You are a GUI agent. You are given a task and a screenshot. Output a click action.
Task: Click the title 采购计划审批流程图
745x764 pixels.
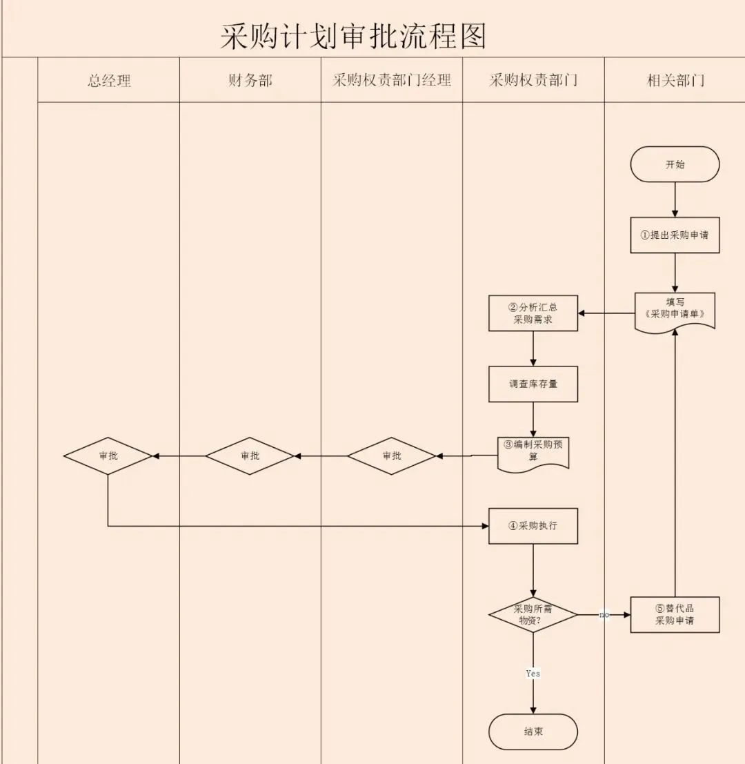[353, 36]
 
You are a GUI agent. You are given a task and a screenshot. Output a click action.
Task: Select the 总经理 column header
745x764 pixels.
[109, 81]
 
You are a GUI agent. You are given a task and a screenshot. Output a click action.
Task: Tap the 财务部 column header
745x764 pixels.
[250, 81]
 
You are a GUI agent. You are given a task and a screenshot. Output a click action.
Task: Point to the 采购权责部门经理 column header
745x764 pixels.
[392, 81]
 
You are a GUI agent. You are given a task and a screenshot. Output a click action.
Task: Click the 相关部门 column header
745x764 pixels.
[675, 81]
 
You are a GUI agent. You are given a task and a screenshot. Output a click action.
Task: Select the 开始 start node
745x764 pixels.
[675, 164]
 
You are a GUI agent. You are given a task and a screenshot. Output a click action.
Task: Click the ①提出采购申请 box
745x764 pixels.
[675, 235]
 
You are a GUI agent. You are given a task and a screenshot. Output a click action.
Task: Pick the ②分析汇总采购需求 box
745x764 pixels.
[533, 313]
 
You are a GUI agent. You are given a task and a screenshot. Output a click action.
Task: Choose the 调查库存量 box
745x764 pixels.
[533, 384]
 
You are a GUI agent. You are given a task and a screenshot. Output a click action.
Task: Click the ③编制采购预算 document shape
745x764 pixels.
[533, 452]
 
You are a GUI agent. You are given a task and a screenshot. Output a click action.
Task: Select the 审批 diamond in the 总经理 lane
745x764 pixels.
[108, 456]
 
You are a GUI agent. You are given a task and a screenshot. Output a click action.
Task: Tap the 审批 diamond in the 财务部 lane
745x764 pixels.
[250, 456]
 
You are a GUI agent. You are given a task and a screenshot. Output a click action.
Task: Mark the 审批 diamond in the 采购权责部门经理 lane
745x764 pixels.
[391, 456]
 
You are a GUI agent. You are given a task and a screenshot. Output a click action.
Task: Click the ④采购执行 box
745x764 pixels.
[533, 526]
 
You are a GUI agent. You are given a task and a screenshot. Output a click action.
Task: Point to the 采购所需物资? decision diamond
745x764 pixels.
[533, 614]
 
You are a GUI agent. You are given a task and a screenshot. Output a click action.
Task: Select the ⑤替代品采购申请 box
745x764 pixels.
[675, 614]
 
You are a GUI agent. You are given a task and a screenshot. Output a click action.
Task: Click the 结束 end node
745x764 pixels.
[533, 732]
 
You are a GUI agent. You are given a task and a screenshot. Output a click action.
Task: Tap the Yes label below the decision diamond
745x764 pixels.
[533, 673]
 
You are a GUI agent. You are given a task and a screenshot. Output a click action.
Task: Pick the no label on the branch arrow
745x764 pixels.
[604, 614]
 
